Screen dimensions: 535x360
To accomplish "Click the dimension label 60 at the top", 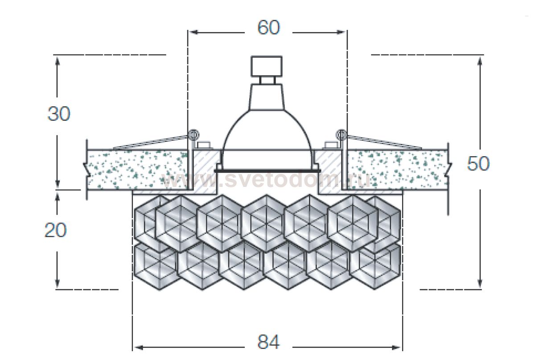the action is point(269,27).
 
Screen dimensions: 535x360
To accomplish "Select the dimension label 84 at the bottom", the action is point(269,342).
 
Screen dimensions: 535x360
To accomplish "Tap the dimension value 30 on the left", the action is point(59,113).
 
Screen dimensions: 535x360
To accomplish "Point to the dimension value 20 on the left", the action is point(56,230).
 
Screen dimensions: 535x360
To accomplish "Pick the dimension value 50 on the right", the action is point(478,164).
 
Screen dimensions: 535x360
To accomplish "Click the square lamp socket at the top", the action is point(267,66).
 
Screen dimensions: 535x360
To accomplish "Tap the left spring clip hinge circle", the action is point(193,135).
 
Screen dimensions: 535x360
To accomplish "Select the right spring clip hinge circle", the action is point(341,135).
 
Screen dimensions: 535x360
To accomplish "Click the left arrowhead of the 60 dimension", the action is point(195,32).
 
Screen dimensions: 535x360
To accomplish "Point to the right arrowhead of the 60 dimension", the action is point(340,32).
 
